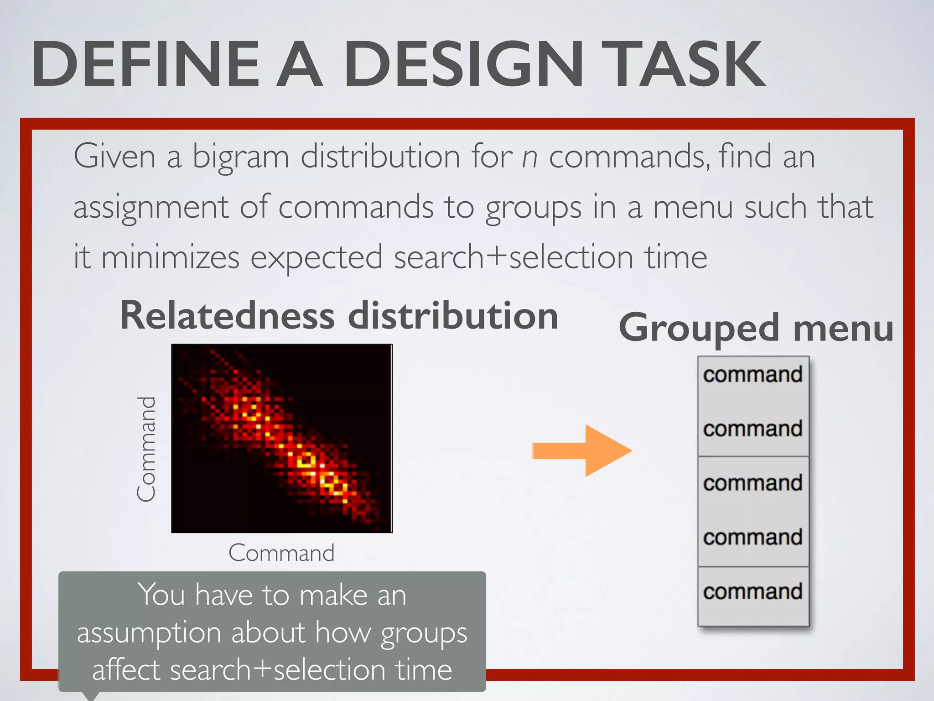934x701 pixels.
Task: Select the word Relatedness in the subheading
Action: (x=227, y=316)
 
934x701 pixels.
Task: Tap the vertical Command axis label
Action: (x=146, y=449)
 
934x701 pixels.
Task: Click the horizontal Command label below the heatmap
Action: (x=281, y=553)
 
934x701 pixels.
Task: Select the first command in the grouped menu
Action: (x=752, y=375)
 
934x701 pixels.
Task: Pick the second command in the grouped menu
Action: (x=752, y=429)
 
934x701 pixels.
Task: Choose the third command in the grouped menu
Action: (x=752, y=483)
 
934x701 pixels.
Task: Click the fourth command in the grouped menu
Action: (x=752, y=538)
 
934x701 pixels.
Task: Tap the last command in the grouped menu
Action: (x=752, y=592)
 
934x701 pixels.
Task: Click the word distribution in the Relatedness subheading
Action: (x=453, y=316)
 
